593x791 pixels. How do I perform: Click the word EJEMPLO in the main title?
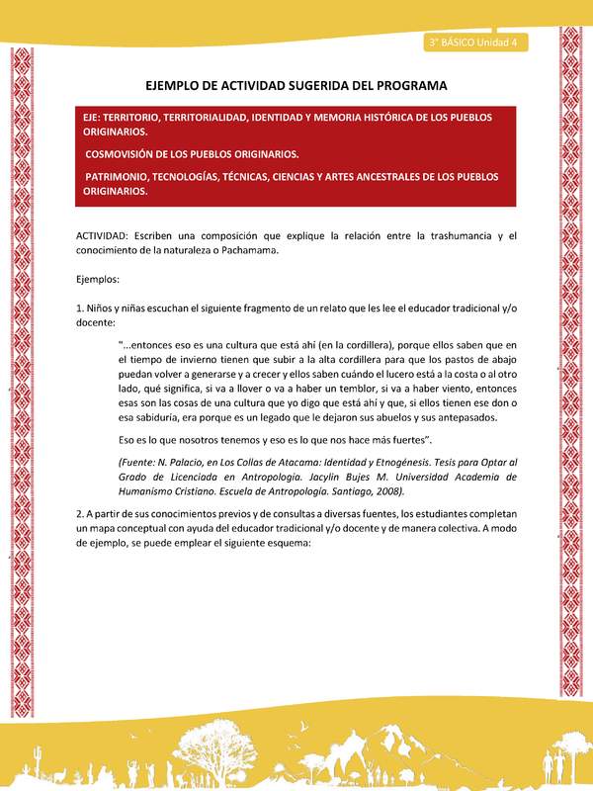tap(177, 86)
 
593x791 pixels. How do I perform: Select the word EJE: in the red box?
tap(97, 117)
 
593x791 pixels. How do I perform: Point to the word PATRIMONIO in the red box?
tap(124, 176)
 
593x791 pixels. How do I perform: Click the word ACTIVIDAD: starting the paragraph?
tap(108, 236)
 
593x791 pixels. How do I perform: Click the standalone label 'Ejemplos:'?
tap(99, 280)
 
